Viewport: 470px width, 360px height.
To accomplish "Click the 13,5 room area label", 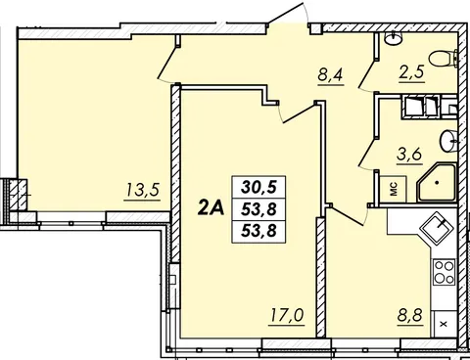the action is [x=143, y=190].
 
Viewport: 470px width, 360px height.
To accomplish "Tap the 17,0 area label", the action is [x=287, y=315].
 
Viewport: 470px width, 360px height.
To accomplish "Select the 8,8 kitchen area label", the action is [x=410, y=315].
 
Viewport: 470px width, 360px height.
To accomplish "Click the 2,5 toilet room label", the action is [x=411, y=71].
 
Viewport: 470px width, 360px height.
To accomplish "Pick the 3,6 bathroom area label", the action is [x=409, y=154].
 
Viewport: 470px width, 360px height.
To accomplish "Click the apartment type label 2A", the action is [x=211, y=207].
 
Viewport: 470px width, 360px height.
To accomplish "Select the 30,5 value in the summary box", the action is [x=258, y=187].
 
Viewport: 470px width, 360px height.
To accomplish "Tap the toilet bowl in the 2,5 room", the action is [x=444, y=59].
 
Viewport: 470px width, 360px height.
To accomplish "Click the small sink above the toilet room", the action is [x=394, y=38].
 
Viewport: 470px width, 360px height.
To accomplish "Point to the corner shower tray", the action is [x=437, y=183].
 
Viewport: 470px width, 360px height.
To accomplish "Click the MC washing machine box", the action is [x=394, y=189].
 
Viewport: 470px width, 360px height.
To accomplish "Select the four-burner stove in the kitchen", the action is [x=445, y=272].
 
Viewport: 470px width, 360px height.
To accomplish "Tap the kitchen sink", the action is [x=437, y=226].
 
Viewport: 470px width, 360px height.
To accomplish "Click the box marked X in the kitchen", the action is [x=444, y=324].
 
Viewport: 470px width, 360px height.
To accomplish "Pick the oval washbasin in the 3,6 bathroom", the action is [x=448, y=141].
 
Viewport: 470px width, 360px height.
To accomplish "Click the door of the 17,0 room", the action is [x=297, y=112].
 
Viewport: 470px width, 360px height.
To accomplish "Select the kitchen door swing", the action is [x=348, y=216].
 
